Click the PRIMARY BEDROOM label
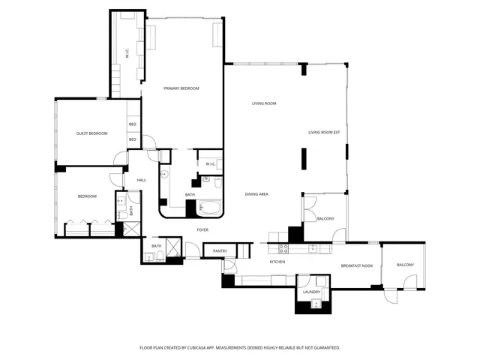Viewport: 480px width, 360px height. (x=181, y=88)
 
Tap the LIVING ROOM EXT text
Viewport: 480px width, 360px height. (x=324, y=133)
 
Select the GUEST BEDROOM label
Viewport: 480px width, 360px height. (x=91, y=133)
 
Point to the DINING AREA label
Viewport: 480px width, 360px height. (x=256, y=194)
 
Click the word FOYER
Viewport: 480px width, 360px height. (x=202, y=229)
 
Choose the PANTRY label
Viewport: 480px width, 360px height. (x=220, y=250)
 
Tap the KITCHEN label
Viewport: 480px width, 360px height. (x=277, y=262)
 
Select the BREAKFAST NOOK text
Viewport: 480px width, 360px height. (x=356, y=266)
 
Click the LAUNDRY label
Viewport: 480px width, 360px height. (x=311, y=292)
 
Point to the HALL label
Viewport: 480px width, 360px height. (x=141, y=180)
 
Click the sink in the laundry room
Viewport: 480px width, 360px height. (x=315, y=304)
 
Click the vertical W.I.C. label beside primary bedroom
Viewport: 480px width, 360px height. (x=127, y=54)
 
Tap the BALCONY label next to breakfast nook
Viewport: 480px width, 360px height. (x=405, y=265)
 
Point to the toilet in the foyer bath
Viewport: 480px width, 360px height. (x=148, y=257)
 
